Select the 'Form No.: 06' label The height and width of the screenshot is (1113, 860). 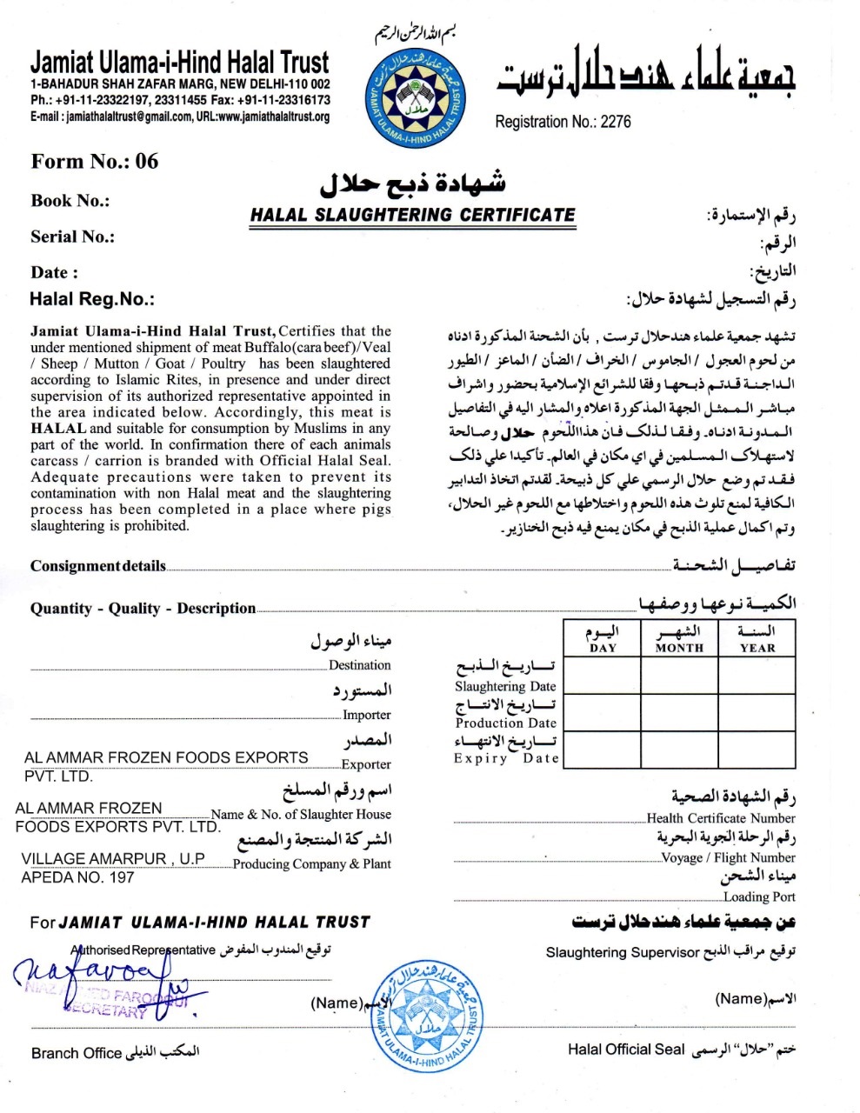point(95,161)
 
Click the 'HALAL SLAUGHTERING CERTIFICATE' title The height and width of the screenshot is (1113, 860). point(413,215)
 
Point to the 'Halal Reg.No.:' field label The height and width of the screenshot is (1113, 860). point(92,299)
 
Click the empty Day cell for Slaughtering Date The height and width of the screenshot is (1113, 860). point(603,676)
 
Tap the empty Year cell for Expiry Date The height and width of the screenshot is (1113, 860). point(757,750)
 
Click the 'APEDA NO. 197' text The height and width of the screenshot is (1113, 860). point(78,877)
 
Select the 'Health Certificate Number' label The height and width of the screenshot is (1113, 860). point(721,818)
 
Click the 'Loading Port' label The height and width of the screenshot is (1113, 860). point(759,896)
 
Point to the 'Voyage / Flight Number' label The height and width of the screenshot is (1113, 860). point(729,857)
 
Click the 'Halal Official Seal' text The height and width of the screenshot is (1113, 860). point(626,1050)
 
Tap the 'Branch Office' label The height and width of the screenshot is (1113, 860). point(77,1053)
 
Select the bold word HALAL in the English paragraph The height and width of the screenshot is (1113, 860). point(58,428)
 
